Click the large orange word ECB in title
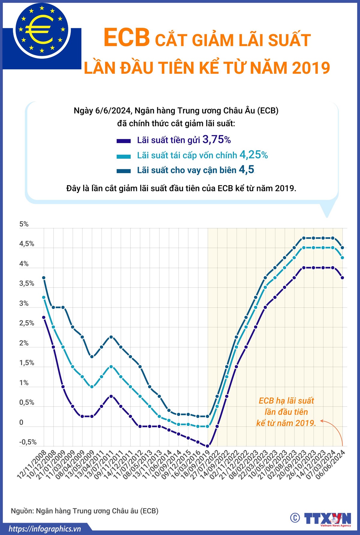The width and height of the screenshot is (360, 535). pos(127,38)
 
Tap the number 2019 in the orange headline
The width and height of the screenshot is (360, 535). pos(311,68)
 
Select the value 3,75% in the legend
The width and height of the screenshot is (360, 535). pos(217,140)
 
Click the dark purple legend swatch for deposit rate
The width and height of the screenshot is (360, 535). pos(124,141)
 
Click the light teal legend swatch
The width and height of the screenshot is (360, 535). pos(124,156)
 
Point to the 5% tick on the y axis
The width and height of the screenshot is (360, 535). pos(24,224)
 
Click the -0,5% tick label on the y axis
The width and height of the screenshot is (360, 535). pos(28,442)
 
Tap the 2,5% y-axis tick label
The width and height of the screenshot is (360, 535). pos(27,323)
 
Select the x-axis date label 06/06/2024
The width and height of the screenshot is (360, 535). pos(331,464)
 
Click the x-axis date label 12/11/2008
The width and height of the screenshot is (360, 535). pos(32,464)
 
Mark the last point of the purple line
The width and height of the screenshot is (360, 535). pos(342,278)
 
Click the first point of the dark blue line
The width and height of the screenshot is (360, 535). pos(44,278)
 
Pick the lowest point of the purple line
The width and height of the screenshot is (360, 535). pos(207,446)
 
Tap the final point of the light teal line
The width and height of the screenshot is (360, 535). pos(342,258)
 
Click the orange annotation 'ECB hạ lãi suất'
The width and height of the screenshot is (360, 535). pos(286,401)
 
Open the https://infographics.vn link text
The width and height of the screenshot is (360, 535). pos(45,529)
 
